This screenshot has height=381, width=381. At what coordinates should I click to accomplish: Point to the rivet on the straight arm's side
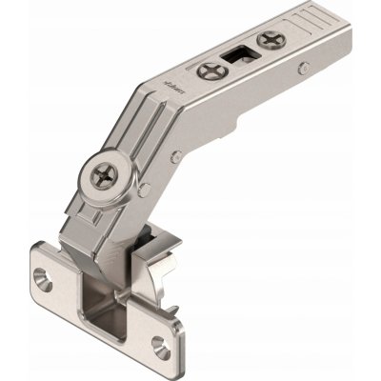point(302,69)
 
